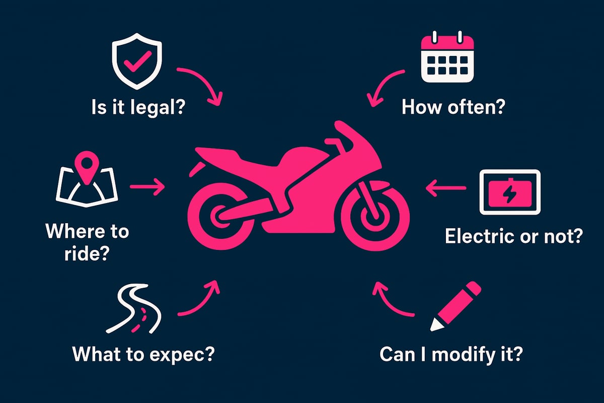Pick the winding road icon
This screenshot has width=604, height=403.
coord(133,308)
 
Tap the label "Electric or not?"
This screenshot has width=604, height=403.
coord(513,236)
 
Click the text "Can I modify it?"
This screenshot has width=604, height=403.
coord(451,354)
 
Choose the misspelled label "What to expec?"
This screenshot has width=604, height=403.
coord(143,354)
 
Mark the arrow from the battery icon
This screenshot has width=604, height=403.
coord(446,189)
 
